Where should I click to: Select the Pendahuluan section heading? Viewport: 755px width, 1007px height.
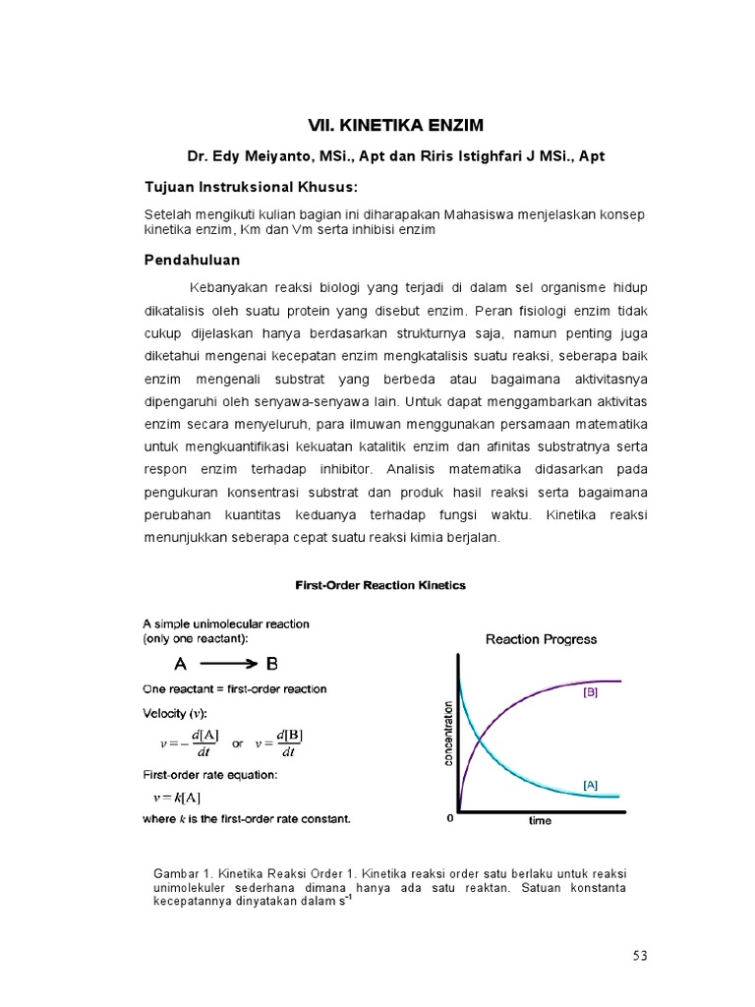click(193, 260)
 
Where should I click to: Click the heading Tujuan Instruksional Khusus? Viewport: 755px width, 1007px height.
click(252, 187)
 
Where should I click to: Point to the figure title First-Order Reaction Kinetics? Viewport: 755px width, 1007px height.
click(381, 585)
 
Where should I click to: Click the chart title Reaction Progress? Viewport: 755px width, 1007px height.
click(541, 639)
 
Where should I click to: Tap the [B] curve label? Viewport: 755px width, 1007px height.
click(591, 692)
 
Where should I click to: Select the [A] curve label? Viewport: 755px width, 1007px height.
click(591, 785)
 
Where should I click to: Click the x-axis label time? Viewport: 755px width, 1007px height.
click(540, 821)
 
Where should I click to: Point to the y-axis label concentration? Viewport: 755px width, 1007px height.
click(448, 734)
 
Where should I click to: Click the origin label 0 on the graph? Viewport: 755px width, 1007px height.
click(450, 818)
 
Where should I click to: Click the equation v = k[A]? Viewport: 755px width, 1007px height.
click(178, 797)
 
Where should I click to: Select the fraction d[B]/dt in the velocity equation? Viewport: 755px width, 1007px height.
click(289, 744)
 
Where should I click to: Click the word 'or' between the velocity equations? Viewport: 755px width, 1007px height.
click(237, 744)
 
